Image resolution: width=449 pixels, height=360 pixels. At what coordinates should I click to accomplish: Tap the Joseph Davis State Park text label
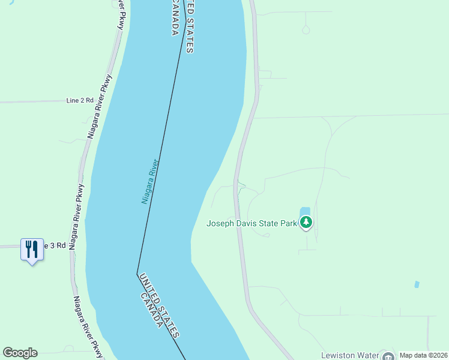point(252,224)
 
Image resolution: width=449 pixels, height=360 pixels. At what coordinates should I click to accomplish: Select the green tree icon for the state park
point(307,223)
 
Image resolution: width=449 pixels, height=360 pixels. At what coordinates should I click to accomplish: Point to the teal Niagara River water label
point(149,181)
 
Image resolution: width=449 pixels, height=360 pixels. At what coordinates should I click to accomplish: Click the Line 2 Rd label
point(80,101)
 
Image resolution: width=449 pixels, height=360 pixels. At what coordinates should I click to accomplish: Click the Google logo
point(20,353)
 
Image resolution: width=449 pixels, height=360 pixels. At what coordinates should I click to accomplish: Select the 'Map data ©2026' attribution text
point(423,355)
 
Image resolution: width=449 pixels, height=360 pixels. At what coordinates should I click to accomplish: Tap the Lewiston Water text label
point(350,355)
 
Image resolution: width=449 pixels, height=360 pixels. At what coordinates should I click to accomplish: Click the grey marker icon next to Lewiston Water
point(388,356)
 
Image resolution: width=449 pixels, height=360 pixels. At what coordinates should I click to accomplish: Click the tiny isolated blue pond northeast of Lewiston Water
point(417,284)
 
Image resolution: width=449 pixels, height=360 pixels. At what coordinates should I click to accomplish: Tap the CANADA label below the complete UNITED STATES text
point(151,310)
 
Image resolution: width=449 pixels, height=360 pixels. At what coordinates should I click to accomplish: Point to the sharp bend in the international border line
point(137,274)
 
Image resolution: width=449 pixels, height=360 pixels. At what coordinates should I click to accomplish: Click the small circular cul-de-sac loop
point(306,29)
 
